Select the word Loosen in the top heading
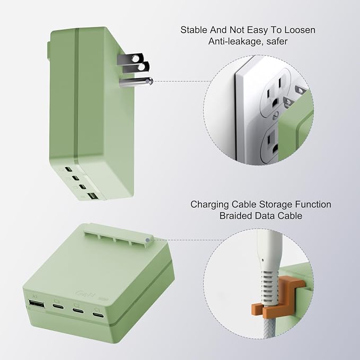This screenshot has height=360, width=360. click(x=300, y=30)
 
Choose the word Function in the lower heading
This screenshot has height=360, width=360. click(x=313, y=204)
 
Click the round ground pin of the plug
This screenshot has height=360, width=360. click(x=136, y=82)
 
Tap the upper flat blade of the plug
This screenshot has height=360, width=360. click(x=130, y=58)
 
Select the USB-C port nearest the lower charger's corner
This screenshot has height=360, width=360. click(x=98, y=315)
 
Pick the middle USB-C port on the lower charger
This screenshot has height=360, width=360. click(x=78, y=310)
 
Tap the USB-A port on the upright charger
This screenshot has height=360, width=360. click(x=92, y=196)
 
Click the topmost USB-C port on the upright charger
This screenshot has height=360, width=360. click(x=68, y=170)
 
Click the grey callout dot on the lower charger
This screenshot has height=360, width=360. click(x=147, y=240)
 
